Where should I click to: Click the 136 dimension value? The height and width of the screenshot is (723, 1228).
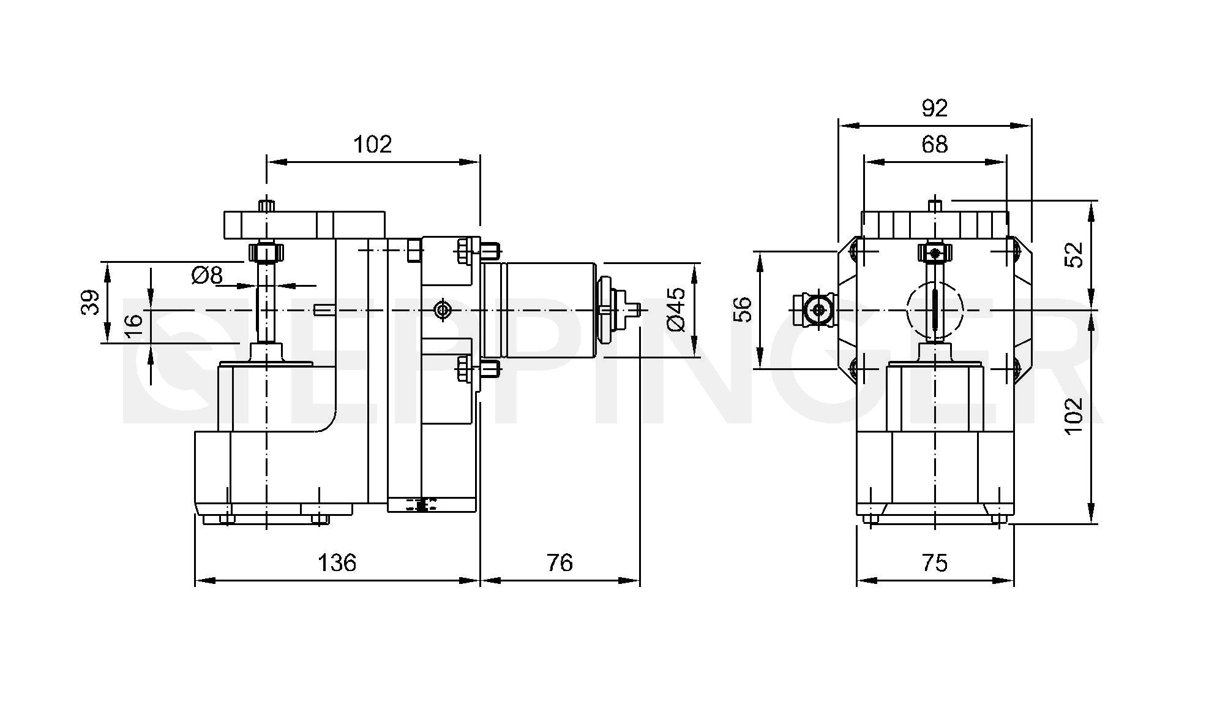coord(337,562)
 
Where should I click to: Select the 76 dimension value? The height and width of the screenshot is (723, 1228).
coord(560,562)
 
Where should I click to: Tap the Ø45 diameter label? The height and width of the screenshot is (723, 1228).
coord(677,310)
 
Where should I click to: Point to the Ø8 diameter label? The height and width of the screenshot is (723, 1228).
coord(207,275)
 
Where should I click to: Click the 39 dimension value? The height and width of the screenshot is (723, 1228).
coord(90,303)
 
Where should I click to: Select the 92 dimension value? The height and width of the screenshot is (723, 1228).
coord(934,108)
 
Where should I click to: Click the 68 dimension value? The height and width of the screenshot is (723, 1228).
coord(934,145)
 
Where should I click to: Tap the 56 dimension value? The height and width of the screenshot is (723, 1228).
coord(742,309)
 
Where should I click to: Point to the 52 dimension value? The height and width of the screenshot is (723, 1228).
coord(1074,255)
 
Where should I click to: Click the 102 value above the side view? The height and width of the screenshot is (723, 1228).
coord(372,145)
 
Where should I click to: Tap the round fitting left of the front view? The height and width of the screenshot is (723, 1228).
coord(816,311)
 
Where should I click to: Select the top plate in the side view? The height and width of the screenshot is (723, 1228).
coord(304,225)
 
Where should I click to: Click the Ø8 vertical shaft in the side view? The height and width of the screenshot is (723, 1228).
coord(267,300)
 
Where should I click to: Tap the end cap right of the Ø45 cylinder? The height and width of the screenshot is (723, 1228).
coord(608,310)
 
